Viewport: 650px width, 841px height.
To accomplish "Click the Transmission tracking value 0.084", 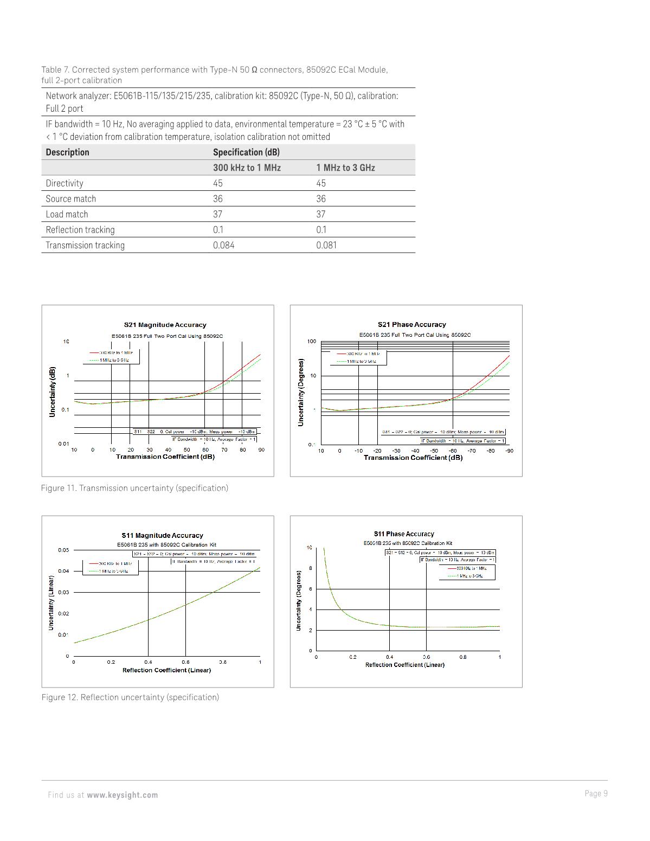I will point(223,245).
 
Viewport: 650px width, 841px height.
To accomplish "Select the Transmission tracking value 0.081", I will point(326,245).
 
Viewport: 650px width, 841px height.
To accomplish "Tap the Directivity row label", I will point(65,183).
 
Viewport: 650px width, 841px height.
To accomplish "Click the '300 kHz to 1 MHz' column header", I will point(247,168).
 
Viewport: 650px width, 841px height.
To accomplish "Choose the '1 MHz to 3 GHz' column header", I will point(345,168).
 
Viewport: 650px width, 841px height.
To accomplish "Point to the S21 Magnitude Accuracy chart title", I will point(165,325).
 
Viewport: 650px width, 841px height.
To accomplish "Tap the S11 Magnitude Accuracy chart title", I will point(162,535).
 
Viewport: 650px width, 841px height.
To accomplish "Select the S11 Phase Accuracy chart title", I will point(404,534).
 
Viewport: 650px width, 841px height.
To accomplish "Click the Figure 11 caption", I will point(134,488).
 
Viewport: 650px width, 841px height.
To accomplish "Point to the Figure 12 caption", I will point(130,697).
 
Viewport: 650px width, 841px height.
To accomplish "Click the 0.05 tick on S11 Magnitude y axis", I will point(63,550).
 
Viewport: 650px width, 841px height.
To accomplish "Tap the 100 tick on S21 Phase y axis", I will point(311,342).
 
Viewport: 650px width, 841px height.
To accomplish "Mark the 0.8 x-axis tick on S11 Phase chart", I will point(463,657).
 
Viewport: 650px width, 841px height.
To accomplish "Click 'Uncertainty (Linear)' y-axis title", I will point(52,599).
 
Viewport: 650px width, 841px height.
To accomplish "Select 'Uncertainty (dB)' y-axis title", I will point(53,391).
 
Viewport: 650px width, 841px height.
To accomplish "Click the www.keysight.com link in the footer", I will point(122,795).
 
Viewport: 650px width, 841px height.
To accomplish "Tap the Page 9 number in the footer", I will point(596,793).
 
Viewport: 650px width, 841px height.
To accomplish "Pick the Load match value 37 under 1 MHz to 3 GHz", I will point(321,214).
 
